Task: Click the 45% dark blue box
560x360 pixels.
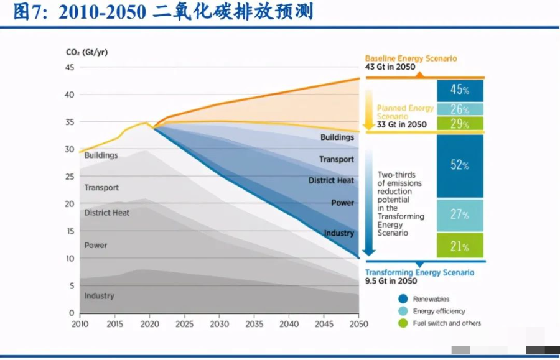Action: (x=460, y=91)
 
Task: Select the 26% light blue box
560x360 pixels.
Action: (x=460, y=109)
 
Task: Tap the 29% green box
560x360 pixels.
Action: (x=460, y=124)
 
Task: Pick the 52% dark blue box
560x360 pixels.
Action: (x=460, y=165)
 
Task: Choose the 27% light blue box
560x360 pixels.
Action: (x=460, y=215)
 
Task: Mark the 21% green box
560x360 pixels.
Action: (x=460, y=246)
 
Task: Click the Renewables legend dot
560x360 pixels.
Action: (x=403, y=299)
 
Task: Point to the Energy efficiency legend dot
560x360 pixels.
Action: (x=403, y=311)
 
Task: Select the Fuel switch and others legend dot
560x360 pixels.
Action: (x=403, y=323)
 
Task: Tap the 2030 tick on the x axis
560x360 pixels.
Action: (x=219, y=324)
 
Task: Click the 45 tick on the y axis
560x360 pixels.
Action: (x=70, y=68)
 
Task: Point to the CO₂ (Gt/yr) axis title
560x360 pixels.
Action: (x=86, y=52)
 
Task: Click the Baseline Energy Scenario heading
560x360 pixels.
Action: (x=411, y=58)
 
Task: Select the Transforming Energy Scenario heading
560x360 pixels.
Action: (x=419, y=273)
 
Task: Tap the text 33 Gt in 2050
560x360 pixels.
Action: (x=401, y=124)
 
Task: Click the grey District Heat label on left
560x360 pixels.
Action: (x=107, y=213)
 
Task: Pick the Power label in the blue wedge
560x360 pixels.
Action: (x=342, y=203)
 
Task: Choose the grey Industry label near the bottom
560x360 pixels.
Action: (x=100, y=296)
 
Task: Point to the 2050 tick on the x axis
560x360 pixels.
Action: (x=358, y=324)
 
